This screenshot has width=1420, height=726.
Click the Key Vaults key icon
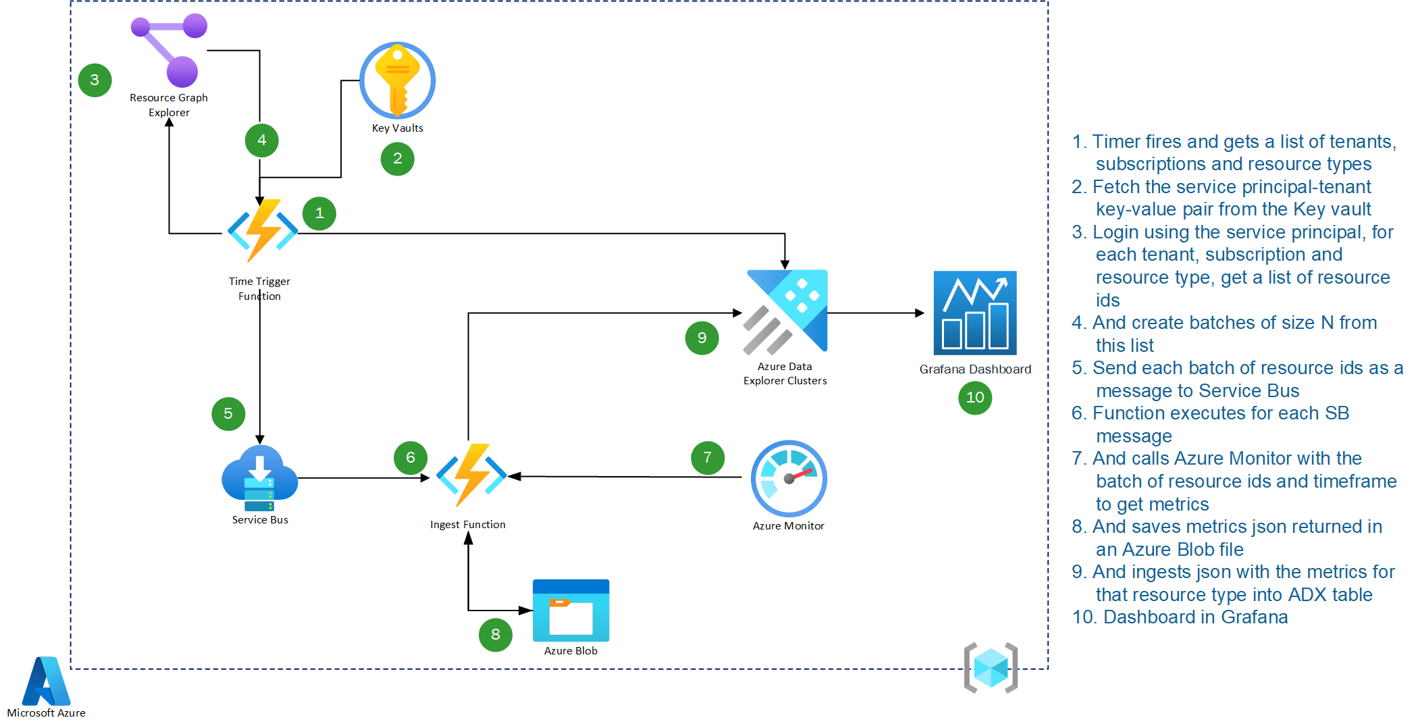[397, 80]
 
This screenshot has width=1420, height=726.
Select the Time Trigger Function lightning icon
[262, 231]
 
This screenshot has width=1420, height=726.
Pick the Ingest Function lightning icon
[471, 475]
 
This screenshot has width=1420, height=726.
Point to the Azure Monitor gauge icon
[789, 478]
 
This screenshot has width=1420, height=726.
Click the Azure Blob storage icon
[571, 611]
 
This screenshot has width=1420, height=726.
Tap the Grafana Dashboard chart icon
[974, 313]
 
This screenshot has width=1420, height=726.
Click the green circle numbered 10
[974, 398]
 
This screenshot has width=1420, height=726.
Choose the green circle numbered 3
[95, 80]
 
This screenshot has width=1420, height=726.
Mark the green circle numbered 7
[707, 458]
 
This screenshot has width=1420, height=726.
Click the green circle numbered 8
[495, 635]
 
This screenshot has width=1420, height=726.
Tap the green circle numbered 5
[228, 413]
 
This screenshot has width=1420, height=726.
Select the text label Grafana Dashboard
[974, 369]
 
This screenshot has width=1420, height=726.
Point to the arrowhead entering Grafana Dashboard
[919, 313]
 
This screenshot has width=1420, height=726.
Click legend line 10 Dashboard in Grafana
[1180, 617]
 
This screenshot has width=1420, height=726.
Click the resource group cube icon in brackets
[991, 667]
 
